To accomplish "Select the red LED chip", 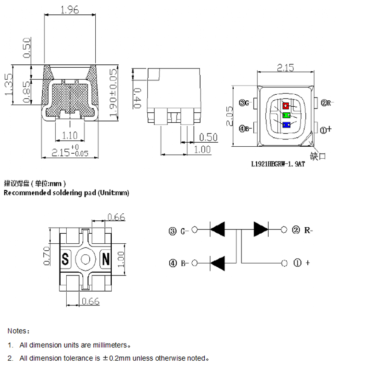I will (x=286, y=106).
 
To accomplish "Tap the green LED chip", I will (x=286, y=115).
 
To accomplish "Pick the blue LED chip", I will (x=286, y=124).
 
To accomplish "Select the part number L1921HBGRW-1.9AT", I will (x=278, y=163).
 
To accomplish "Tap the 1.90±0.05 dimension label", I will (x=114, y=92).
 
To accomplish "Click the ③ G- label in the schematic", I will (x=178, y=230).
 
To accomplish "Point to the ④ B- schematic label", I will (x=178, y=264).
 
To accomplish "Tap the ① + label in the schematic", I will (x=302, y=263).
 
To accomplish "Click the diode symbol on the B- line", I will (x=218, y=263).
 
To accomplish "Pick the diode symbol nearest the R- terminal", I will (x=261, y=229).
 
